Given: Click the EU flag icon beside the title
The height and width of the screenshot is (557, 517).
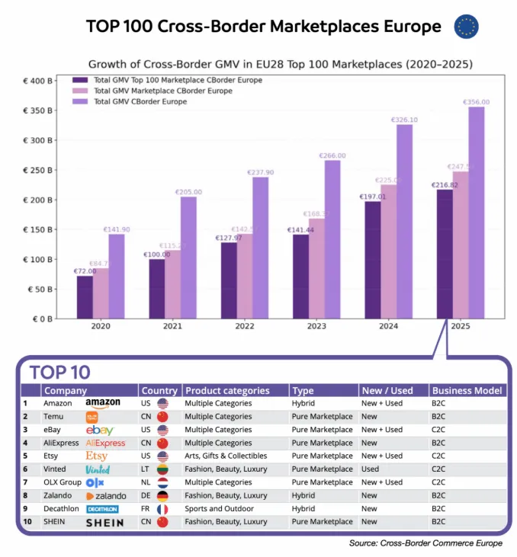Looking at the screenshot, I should point(466,27).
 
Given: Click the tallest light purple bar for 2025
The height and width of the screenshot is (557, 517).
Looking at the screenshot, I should point(477,213).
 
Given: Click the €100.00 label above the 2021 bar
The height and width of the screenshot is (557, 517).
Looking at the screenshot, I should point(156,254).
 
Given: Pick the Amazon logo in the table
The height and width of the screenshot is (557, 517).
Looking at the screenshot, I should point(103,403).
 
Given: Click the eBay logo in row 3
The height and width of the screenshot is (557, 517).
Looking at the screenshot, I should point(100,430).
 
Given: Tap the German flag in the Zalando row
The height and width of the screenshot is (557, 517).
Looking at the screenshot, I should point(162,496).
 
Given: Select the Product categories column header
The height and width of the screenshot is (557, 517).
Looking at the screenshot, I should point(227,390).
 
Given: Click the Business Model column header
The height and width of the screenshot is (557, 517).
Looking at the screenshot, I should point(467,390).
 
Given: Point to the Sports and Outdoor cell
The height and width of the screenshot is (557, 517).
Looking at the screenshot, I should point(215,509).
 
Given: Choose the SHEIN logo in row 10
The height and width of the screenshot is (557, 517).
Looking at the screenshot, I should point(104,523).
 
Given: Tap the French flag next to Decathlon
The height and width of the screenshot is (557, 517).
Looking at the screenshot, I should point(162,509).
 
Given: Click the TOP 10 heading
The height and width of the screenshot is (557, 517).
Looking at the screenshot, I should point(59,372).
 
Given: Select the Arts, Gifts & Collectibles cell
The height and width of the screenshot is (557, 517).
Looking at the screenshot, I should point(230,456).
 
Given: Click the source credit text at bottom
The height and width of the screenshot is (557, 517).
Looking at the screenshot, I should point(425,543).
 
